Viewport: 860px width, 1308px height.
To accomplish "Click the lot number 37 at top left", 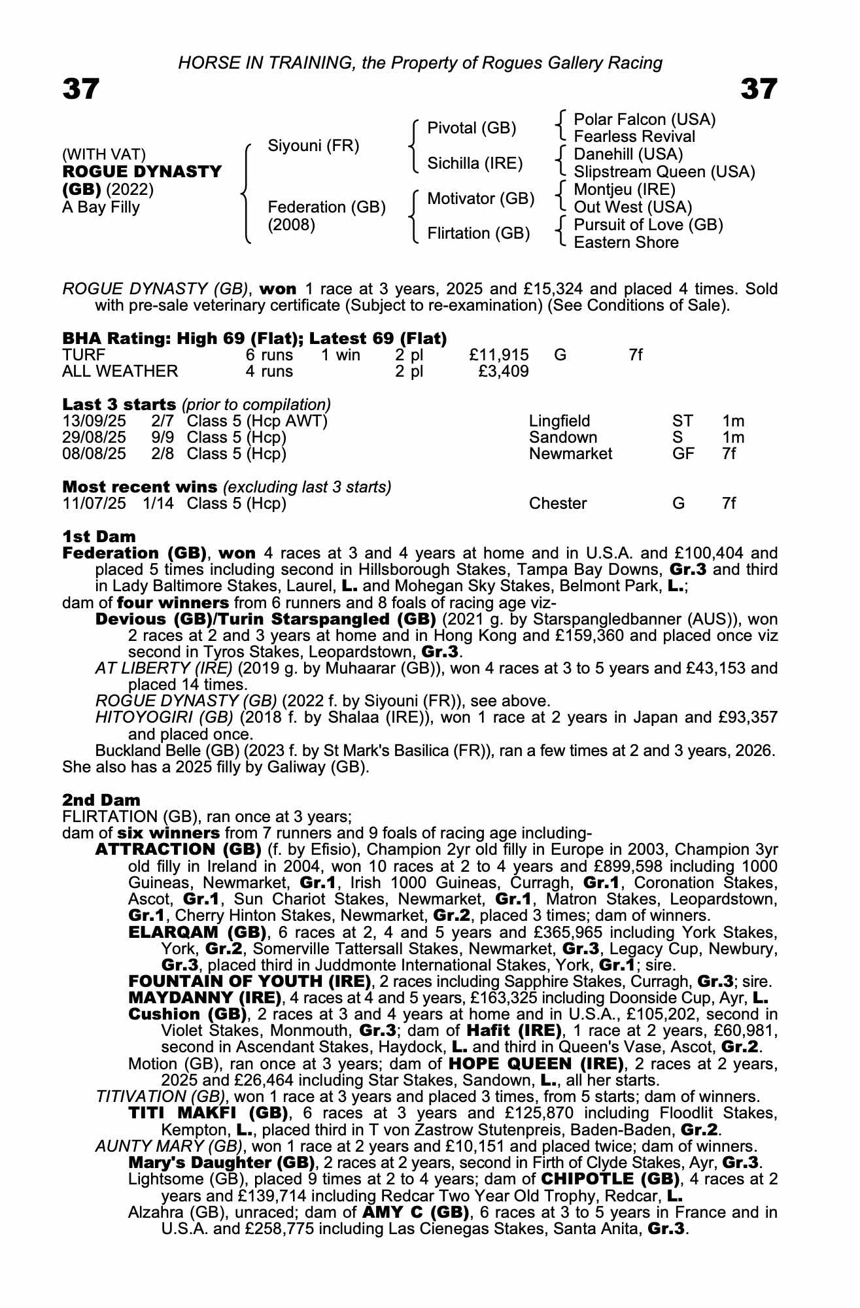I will click(80, 90).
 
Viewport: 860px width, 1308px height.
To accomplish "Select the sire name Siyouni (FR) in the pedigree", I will click(313, 146).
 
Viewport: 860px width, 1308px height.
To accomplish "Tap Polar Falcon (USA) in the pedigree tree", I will click(644, 120).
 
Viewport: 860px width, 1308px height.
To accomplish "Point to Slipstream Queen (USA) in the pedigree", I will click(664, 172).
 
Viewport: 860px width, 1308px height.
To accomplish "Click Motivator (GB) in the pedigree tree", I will click(481, 199).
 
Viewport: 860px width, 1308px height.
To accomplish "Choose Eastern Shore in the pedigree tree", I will click(626, 243).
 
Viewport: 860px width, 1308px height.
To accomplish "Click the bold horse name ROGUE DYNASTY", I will click(142, 172).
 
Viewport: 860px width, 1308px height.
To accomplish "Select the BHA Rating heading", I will click(254, 338).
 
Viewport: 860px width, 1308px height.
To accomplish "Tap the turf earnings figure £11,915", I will click(499, 355).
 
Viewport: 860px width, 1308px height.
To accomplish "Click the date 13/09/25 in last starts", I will click(94, 421).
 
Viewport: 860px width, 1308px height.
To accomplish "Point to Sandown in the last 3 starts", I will click(562, 438).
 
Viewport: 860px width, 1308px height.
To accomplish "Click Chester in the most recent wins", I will click(558, 504).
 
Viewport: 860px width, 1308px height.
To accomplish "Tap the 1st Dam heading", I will click(99, 537).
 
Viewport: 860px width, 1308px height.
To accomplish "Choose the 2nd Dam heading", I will click(101, 800).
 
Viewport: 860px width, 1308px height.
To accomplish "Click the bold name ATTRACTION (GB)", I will click(178, 850).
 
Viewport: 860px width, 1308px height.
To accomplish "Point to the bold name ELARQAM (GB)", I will click(198, 932).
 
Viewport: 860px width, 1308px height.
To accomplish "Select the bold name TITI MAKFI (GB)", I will click(209, 1113).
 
